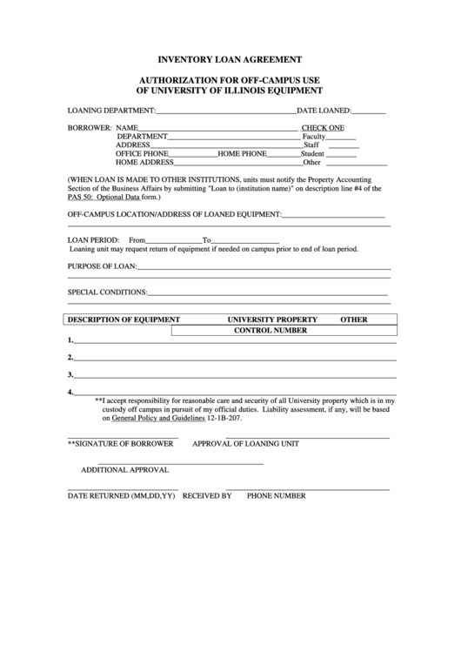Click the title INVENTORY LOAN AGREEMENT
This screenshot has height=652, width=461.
coord(230,60)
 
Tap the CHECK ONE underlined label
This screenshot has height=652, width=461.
coord(323,127)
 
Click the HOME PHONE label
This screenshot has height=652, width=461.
coord(242,153)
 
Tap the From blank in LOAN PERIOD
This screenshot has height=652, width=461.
coord(174,241)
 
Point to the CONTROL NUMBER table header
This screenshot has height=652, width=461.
coord(271,331)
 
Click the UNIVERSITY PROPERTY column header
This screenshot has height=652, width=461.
coord(272,319)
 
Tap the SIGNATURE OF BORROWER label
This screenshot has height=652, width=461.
coord(120,443)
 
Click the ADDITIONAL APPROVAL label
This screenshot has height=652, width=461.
coord(119,469)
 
